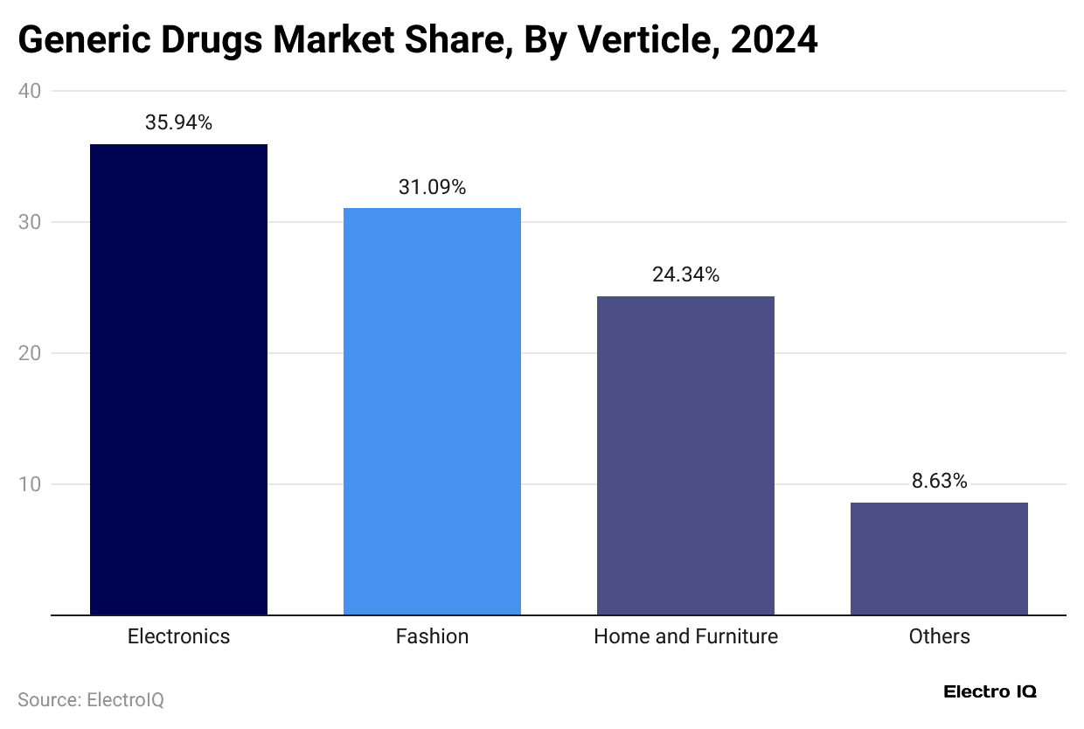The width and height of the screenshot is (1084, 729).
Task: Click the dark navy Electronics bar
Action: click(x=178, y=379)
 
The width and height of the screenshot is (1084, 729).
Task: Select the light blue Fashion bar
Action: click(x=432, y=411)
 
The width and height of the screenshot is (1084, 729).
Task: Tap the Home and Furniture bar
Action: click(x=685, y=455)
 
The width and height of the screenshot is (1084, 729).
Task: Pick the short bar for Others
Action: click(x=939, y=559)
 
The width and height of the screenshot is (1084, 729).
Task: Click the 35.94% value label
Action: click(x=178, y=123)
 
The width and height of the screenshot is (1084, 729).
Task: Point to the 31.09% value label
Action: click(x=432, y=187)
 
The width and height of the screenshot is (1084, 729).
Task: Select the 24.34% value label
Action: click(x=685, y=275)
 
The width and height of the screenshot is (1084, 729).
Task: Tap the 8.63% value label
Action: click(x=939, y=482)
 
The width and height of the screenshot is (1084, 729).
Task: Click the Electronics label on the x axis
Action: click(x=178, y=636)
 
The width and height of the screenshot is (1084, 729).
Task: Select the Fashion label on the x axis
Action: click(x=432, y=636)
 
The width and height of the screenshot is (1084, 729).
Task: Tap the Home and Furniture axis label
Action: click(x=685, y=636)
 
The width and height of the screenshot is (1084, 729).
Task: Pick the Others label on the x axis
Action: click(x=939, y=636)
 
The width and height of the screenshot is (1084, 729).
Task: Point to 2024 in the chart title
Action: click(x=774, y=39)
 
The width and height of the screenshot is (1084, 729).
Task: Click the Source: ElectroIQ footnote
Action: click(x=91, y=700)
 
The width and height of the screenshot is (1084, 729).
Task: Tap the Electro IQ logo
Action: click(x=990, y=691)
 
